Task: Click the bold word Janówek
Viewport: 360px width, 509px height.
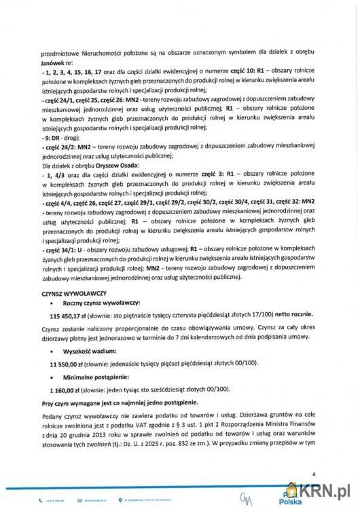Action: click(54, 60)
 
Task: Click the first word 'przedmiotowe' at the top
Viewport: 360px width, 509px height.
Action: click(60, 50)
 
